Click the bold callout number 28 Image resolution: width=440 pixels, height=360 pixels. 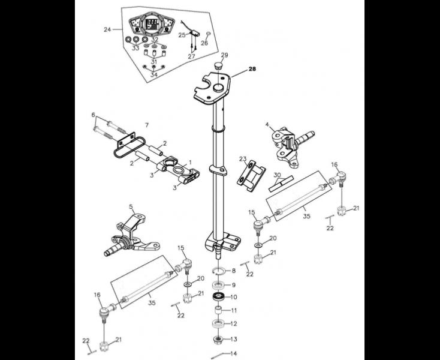click(252, 69)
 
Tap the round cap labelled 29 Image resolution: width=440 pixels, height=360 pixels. click(218, 67)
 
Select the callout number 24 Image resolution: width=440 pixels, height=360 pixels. click(107, 29)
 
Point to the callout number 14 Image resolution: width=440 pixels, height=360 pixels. click(233, 353)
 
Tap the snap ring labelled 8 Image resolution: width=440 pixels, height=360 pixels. click(218, 271)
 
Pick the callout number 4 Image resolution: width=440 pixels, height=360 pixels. click(267, 124)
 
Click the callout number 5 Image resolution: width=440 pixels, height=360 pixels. click(131, 206)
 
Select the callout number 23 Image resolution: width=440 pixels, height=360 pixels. click(243, 159)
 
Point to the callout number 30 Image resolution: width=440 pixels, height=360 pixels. click(277, 175)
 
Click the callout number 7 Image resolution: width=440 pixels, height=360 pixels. click(146, 125)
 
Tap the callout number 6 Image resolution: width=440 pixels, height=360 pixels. click(94, 115)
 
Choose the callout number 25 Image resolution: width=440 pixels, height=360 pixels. click(182, 35)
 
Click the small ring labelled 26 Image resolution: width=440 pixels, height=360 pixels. click(209, 34)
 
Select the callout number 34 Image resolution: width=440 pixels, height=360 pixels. click(154, 75)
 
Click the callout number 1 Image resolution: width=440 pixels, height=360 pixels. click(190, 163)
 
